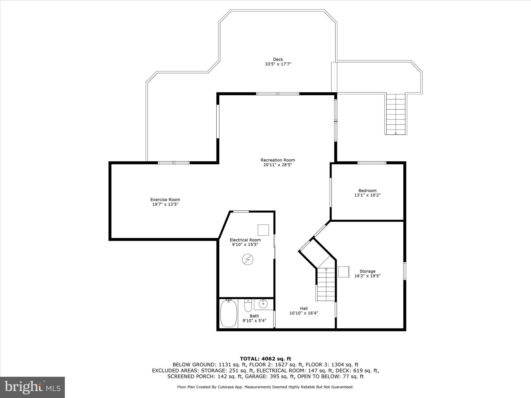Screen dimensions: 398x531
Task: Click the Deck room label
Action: coord(278,59)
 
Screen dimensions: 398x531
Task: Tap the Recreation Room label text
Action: coord(278,160)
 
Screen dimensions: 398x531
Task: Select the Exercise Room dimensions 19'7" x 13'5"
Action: coord(165,204)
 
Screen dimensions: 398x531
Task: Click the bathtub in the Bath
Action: coord(228,313)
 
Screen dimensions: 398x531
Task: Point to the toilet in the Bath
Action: coord(248,306)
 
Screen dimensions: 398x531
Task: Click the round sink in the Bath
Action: coord(263,303)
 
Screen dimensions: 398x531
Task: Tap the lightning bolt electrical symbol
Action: coord(248,259)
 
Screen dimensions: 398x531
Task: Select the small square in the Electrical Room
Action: coord(263,230)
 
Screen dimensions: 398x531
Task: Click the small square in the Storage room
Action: coord(344,272)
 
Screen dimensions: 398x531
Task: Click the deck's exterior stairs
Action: coord(396,114)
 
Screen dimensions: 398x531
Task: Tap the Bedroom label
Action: coord(367,191)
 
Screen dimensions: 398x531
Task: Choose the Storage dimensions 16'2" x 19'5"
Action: coord(367,276)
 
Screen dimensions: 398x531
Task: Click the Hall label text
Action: coord(304,308)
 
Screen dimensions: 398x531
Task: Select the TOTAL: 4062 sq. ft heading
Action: coord(265,359)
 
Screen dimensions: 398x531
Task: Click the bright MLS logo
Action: coord(32,387)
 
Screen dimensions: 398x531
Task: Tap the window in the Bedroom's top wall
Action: coord(372,163)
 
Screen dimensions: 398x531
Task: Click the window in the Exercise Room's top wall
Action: coord(174,163)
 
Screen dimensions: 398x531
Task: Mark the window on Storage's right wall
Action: coord(404,271)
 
